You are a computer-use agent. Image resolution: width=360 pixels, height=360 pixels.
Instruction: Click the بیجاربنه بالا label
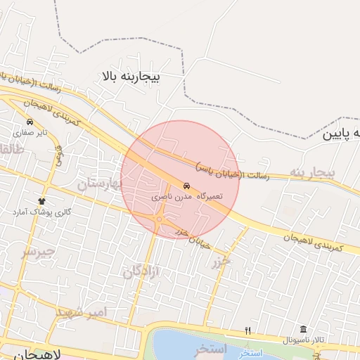pos(131,75)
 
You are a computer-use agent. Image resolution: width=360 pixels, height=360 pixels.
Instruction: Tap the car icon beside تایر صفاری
pos(29,122)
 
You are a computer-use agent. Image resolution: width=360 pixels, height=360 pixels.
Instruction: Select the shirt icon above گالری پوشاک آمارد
pos(41,201)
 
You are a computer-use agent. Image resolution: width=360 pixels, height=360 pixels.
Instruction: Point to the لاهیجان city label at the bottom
pos(32,354)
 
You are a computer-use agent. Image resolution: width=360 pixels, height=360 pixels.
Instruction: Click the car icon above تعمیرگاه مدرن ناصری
pos(186,186)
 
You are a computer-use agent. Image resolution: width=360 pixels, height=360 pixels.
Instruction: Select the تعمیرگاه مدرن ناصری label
pos(186,197)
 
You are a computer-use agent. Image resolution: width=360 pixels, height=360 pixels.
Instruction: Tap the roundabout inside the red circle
pos(160,219)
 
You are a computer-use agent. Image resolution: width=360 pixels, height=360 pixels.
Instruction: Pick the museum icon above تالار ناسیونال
pos(303,330)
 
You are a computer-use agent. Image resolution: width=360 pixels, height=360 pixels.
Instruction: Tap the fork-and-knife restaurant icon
pos(247,330)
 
